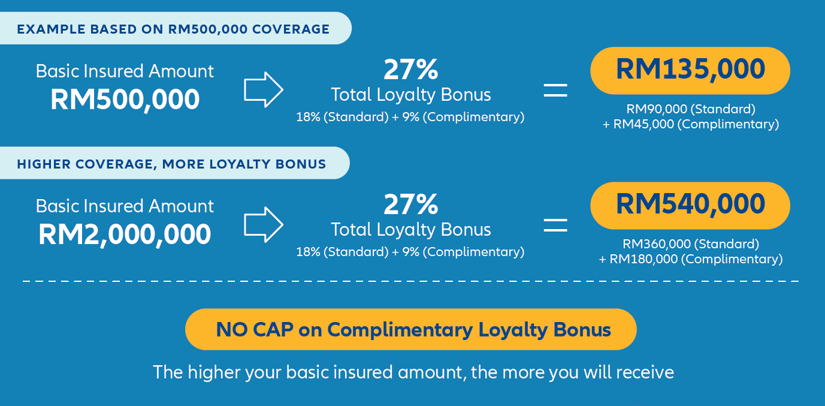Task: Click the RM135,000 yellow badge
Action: [x=690, y=70]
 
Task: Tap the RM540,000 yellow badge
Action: [x=690, y=205]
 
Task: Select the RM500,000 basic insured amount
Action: [x=125, y=100]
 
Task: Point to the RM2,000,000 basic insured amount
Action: [x=125, y=234]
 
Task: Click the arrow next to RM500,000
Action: [x=264, y=89]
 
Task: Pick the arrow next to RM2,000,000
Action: [x=264, y=224]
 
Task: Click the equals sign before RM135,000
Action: [x=555, y=91]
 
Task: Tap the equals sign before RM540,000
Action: [x=555, y=225]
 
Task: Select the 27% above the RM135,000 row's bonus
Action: [x=410, y=70]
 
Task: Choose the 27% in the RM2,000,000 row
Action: [x=410, y=204]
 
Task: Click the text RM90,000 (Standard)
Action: [x=691, y=109]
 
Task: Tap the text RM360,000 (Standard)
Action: [x=691, y=244]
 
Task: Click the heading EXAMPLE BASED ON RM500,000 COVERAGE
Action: [x=173, y=29]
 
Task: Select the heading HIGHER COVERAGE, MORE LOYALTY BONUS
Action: [x=171, y=164]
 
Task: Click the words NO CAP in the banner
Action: [x=255, y=330]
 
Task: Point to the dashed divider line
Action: [x=410, y=281]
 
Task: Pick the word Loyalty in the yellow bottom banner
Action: [x=513, y=330]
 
